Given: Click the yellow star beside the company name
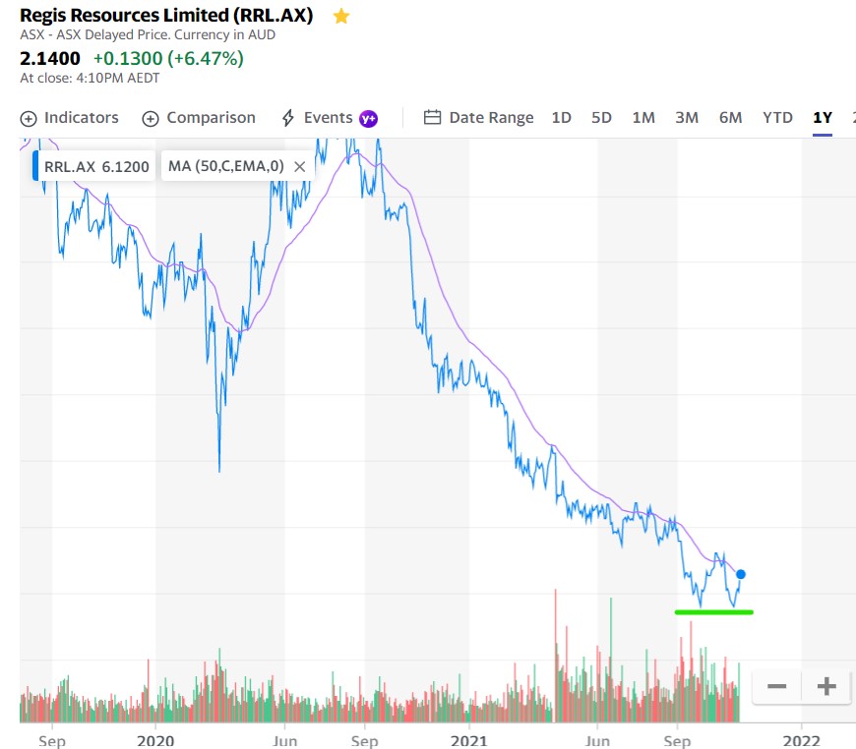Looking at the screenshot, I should [x=341, y=16].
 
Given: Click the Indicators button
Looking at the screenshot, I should [x=70, y=118].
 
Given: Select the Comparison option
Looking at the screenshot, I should [x=199, y=118].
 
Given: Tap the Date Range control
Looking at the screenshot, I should [x=478, y=118].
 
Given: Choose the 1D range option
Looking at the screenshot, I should [x=561, y=118].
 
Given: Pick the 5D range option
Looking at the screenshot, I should [x=601, y=118].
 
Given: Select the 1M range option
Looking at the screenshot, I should [x=643, y=118].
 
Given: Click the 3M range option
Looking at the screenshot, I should [x=687, y=118].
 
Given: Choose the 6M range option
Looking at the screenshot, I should [x=730, y=118].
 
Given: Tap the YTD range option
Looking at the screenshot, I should [x=777, y=118].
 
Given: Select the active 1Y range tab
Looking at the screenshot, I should [x=823, y=118].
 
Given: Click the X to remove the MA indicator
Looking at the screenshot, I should [x=300, y=166].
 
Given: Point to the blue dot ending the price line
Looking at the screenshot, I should [x=741, y=574].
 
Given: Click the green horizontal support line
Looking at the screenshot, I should [x=713, y=612].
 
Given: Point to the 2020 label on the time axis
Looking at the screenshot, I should [x=155, y=740].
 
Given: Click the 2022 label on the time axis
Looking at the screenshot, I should [x=802, y=740].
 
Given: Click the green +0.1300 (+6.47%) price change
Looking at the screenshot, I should [x=168, y=58].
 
